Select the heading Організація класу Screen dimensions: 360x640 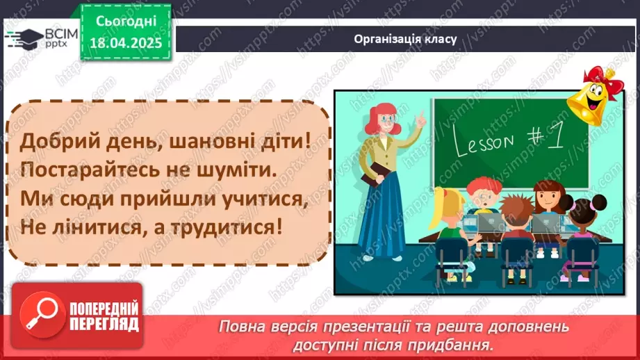(x=404, y=39)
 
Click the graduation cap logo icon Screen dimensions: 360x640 (x=24, y=37)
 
